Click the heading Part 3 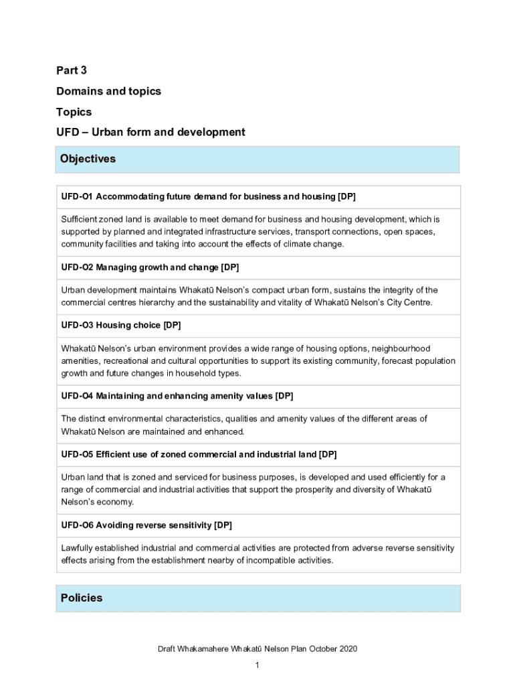72,70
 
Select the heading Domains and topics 108,91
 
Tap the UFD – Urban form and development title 150,132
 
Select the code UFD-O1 76,197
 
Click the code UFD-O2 76,268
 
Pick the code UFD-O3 76,326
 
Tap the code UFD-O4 76,397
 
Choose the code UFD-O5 76,454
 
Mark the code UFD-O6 76,525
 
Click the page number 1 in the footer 257,665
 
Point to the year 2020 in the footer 348,649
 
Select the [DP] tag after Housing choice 173,326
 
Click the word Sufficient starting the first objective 78,219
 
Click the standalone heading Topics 74,112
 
